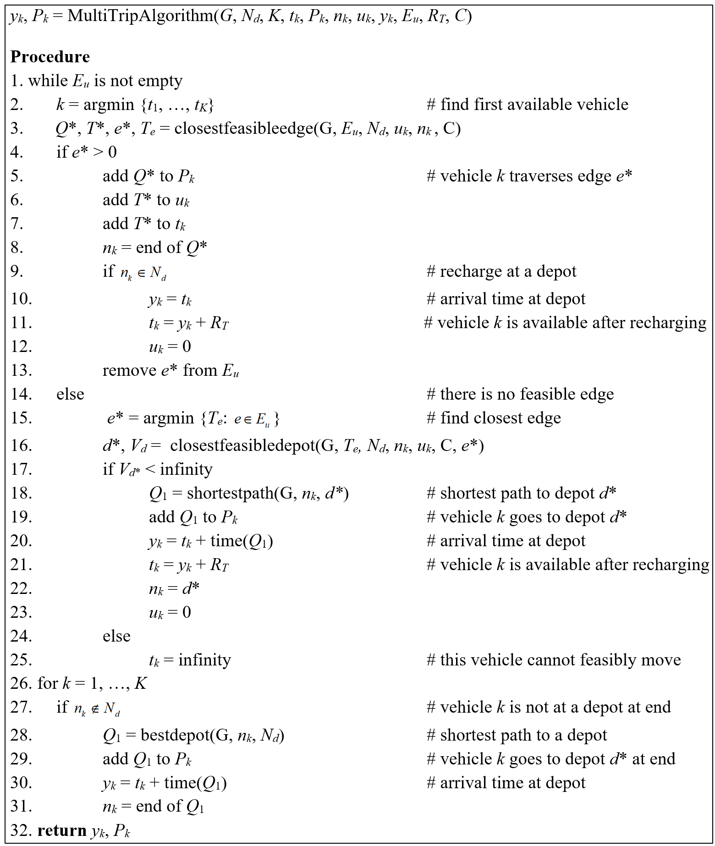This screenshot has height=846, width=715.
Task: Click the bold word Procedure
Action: point(50,57)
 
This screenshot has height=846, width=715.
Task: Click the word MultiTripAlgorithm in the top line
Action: point(140,16)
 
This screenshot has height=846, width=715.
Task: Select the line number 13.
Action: point(21,370)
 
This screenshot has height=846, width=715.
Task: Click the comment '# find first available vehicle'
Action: point(527,104)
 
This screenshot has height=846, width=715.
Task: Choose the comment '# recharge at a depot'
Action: point(501,271)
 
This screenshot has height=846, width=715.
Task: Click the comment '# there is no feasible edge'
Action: point(520,394)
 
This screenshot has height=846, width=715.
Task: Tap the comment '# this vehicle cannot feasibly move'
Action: point(553,660)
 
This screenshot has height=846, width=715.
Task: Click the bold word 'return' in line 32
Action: point(62,830)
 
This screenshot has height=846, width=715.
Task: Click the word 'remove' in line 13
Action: point(129,370)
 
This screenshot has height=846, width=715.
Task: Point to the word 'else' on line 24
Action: point(116,636)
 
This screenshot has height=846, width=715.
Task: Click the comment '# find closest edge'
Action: point(494,418)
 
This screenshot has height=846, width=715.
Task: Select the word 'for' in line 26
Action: point(48,683)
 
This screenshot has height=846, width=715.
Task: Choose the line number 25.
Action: point(21,660)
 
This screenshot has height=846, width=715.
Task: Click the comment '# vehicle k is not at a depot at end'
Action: point(548,707)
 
